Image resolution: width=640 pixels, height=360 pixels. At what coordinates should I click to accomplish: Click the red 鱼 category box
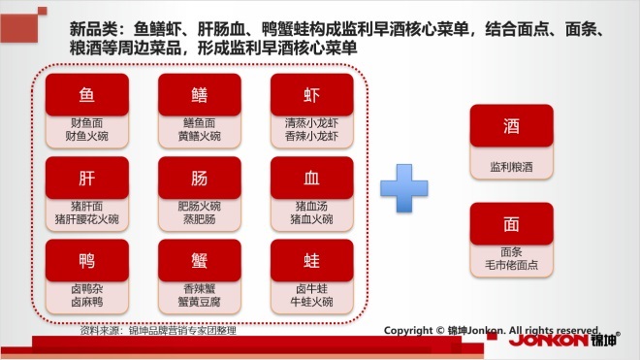click(87, 94)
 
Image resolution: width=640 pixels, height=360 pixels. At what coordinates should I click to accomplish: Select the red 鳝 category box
click(200, 94)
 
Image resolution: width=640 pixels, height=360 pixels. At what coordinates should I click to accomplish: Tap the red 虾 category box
click(312, 94)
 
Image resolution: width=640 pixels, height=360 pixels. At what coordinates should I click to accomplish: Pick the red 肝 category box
click(87, 178)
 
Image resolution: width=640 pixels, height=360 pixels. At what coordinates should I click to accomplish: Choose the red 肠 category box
click(200, 178)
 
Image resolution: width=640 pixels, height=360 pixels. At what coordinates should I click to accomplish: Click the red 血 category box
click(312, 178)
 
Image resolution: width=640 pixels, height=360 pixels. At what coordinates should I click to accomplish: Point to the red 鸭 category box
click(87, 260)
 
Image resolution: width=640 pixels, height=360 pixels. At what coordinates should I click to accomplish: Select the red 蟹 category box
click(200, 260)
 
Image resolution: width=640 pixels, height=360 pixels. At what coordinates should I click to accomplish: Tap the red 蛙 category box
click(312, 260)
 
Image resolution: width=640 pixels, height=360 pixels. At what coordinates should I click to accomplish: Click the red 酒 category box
click(511, 125)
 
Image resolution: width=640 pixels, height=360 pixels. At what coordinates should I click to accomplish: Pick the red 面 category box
click(511, 224)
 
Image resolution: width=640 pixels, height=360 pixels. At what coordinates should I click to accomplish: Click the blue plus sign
click(404, 188)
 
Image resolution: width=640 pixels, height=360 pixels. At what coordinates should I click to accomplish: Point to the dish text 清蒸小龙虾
click(312, 123)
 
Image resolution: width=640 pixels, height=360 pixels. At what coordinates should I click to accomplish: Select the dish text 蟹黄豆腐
click(199, 302)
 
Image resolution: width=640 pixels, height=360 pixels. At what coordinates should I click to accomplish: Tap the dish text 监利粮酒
click(511, 167)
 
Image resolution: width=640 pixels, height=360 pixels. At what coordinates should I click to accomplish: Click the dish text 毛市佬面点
click(511, 265)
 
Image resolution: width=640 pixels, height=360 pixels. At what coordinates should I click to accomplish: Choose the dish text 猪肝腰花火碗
click(87, 219)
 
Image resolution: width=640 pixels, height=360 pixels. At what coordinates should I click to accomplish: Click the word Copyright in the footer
click(408, 330)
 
